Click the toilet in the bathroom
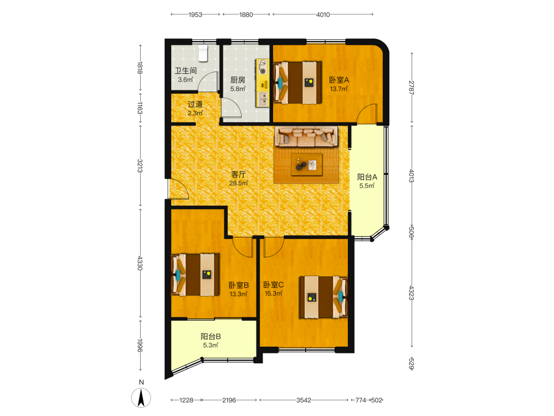(202, 53)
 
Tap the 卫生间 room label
(186, 71)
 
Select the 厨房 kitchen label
(238, 80)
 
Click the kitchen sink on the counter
(263, 99)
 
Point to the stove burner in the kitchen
(263, 67)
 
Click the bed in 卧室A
(297, 83)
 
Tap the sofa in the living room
(306, 136)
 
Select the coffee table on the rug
(307, 165)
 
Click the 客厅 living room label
(238, 174)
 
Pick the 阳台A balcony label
(367, 177)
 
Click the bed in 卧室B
(195, 275)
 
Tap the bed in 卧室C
(324, 297)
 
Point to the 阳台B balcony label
(211, 337)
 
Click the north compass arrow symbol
(141, 397)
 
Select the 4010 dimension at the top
(323, 14)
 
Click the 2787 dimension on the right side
(412, 88)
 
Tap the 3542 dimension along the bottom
(304, 400)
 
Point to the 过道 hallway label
(195, 104)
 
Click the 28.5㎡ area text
(238, 183)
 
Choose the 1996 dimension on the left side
(140, 346)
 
